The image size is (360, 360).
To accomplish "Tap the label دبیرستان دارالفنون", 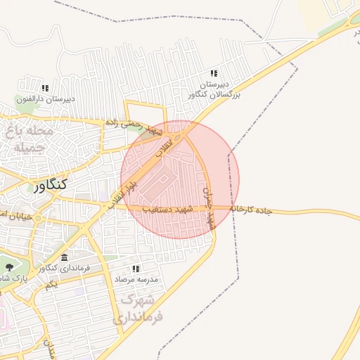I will (x=44, y=100).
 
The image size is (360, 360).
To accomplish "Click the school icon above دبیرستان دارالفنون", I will (x=45, y=89).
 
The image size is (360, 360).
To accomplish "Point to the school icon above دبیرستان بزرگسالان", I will (x=214, y=73).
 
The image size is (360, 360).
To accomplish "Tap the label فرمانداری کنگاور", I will (x=63, y=269).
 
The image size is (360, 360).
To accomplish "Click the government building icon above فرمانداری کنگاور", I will (x=65, y=257).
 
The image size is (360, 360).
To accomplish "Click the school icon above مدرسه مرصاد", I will (x=136, y=269).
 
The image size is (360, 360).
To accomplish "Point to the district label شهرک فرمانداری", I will (x=141, y=309).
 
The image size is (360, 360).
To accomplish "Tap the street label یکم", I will (x=50, y=285).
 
